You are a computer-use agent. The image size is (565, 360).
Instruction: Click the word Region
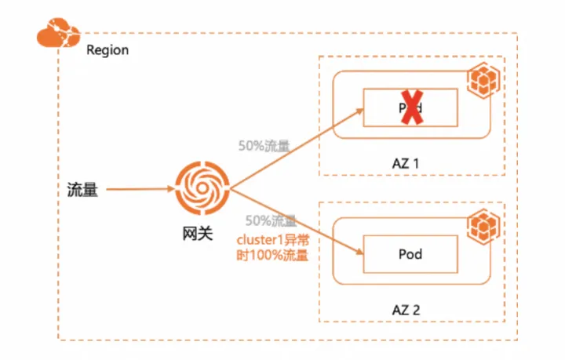click(108, 50)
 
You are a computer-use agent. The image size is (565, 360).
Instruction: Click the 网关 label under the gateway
click(197, 233)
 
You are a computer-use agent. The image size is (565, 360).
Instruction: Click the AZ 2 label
click(406, 309)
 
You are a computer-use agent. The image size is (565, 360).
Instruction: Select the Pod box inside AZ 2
click(410, 254)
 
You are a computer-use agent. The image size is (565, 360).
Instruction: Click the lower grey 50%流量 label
click(271, 220)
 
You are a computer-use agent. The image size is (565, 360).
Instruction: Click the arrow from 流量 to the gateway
click(137, 189)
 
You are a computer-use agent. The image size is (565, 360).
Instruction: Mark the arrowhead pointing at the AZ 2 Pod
click(357, 252)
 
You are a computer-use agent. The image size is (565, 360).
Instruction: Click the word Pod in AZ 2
click(410, 254)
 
